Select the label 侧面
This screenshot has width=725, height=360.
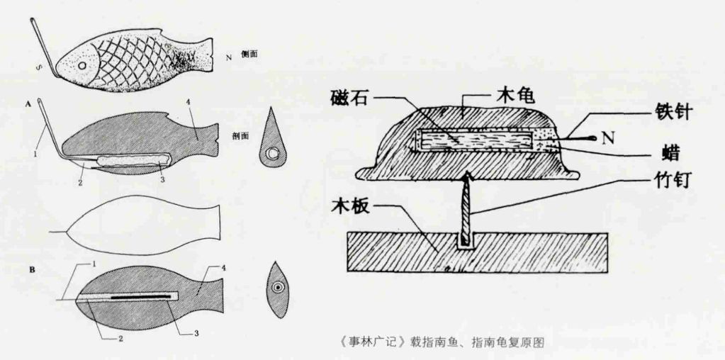click(x=248, y=54)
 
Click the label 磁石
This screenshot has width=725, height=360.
click(x=348, y=97)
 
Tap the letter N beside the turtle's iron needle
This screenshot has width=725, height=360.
click(x=606, y=137)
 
